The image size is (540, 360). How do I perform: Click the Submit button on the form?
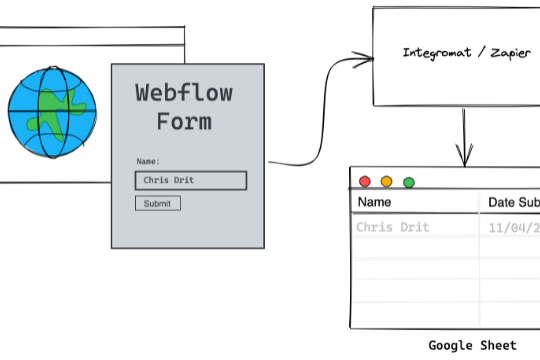tap(158, 203)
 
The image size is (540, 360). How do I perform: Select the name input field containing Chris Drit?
tap(190, 181)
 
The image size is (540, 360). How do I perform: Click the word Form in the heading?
tap(184, 122)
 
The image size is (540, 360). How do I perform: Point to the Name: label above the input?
tap(148, 161)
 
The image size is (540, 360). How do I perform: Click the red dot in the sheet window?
tap(364, 182)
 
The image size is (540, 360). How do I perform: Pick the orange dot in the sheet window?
tap(386, 182)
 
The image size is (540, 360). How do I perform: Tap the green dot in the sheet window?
tap(408, 182)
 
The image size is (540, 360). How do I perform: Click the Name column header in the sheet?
tap(373, 203)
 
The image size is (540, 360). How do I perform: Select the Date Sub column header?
tap(513, 203)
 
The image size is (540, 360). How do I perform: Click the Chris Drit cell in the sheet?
tap(393, 227)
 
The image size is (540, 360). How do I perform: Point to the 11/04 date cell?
tap(513, 227)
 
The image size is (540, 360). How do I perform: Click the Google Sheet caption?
tap(473, 345)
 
